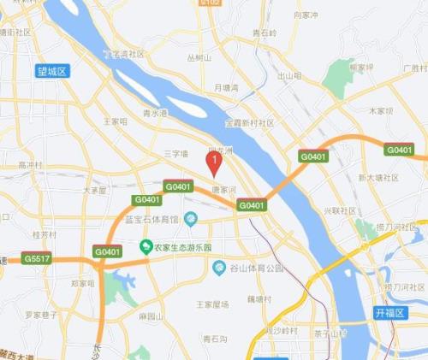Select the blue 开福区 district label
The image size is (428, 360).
pyautogui.click(x=389, y=314)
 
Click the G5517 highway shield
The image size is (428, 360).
pyautogui.click(x=37, y=257)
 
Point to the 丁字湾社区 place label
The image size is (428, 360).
pyautogui.click(x=123, y=54)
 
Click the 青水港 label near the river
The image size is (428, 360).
pyautogui.click(x=155, y=112)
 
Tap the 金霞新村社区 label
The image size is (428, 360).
pyautogui.click(x=249, y=123)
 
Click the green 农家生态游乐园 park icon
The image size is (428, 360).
pyautogui.click(x=146, y=247)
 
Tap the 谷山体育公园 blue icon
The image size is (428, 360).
pyautogui.click(x=219, y=268)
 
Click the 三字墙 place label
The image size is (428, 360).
pyautogui.click(x=174, y=154)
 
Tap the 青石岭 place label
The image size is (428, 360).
pyautogui.click(x=265, y=32)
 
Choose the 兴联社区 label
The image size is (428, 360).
pyautogui.click(x=339, y=210)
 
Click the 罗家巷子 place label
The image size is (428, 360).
pyautogui.click(x=39, y=315)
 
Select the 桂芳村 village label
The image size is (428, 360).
pyautogui.click(x=44, y=233)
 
